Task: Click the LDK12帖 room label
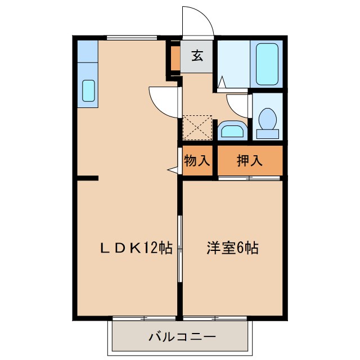tap(136, 248)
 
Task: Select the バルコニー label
tap(182, 337)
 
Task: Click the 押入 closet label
tap(249, 160)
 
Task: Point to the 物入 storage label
tap(197, 160)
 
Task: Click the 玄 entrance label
tap(197, 56)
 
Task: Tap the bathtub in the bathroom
tap(268, 64)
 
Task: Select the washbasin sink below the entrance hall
tap(232, 131)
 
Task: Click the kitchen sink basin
tap(89, 91)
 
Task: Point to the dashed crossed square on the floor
tap(197, 128)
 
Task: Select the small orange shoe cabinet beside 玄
tap(175, 56)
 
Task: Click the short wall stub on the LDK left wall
tap(88, 178)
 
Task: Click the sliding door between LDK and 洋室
tap(180, 247)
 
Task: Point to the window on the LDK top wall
tap(132, 38)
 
